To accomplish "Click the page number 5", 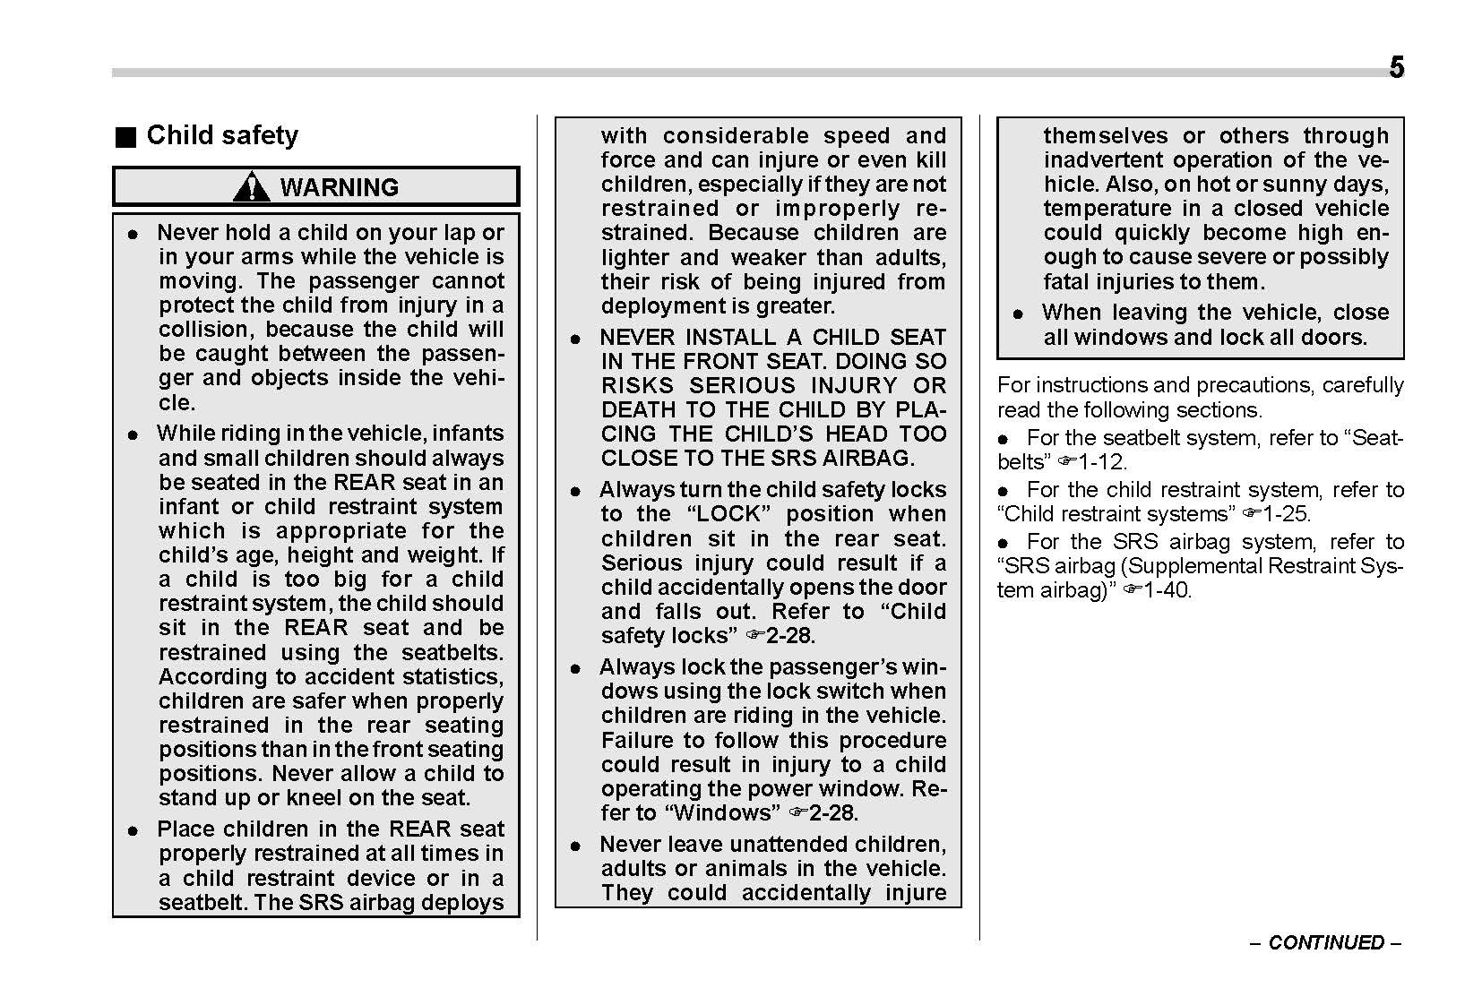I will tap(1396, 68).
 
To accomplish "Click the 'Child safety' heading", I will tap(222, 135).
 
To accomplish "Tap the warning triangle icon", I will tap(252, 186).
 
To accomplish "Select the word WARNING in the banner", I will tap(340, 187).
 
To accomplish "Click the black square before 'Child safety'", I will tap(125, 137).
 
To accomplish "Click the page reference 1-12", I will tap(1102, 462).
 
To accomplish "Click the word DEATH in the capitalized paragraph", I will tap(635, 410).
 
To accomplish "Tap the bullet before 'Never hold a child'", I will tap(133, 234).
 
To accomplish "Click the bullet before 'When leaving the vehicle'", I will tap(1018, 314).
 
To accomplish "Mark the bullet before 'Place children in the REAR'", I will tap(133, 830).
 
